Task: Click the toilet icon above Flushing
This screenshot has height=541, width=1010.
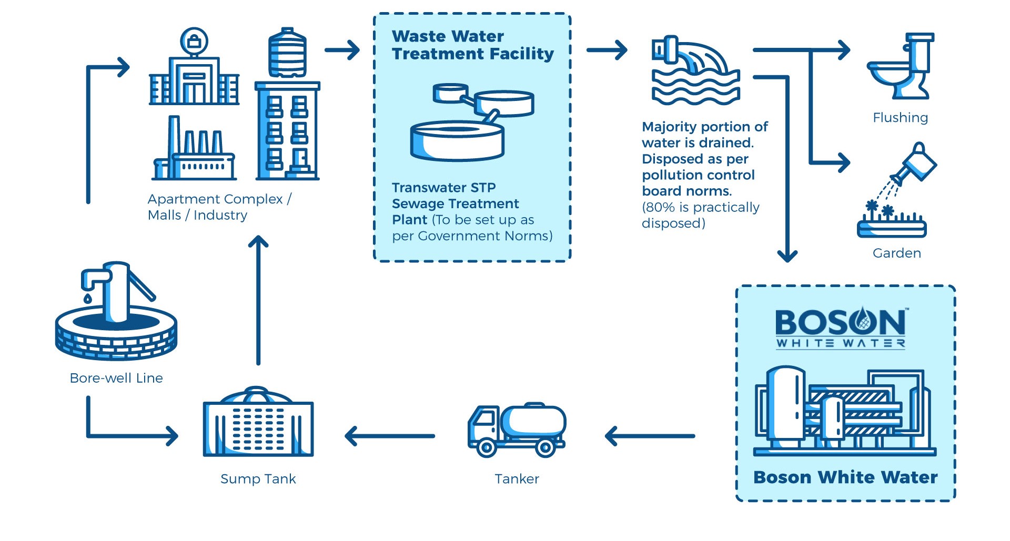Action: (900, 66)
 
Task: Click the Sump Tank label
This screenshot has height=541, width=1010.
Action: (258, 479)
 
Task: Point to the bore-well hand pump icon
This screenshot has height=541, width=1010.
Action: (116, 310)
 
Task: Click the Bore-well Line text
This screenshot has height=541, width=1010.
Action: (116, 378)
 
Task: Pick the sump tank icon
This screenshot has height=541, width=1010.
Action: (258, 423)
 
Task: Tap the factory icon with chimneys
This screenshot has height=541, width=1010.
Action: (194, 149)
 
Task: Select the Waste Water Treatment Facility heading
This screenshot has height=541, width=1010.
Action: (472, 45)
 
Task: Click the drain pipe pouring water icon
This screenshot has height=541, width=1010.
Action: (695, 70)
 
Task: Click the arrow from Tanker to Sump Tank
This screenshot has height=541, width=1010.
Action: (390, 436)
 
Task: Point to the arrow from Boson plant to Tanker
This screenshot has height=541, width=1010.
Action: (650, 436)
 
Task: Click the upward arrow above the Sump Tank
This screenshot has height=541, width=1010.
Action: (258, 300)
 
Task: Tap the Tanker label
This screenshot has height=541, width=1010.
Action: (517, 479)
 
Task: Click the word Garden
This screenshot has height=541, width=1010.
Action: (896, 253)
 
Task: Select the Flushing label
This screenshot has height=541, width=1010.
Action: (900, 118)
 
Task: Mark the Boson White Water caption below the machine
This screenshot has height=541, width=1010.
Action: (845, 477)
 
